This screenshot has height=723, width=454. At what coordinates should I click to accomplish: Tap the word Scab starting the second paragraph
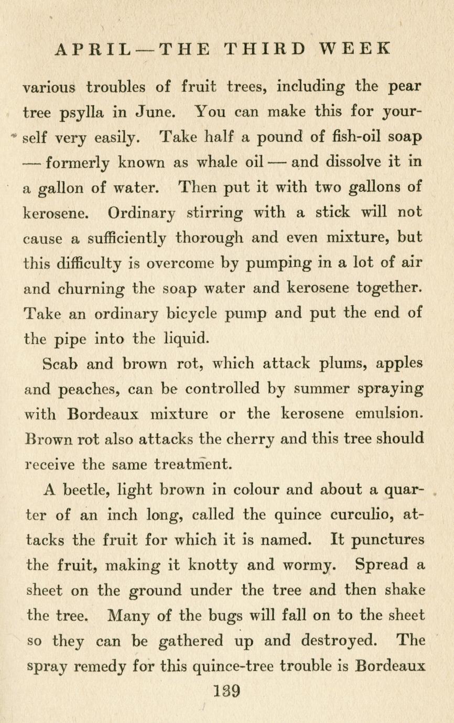tap(60, 364)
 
